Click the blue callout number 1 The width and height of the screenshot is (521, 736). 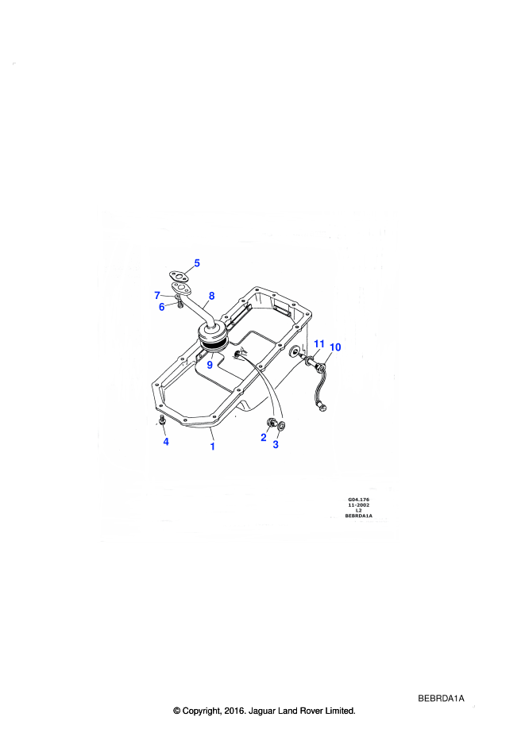click(213, 447)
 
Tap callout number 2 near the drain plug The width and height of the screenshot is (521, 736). click(264, 438)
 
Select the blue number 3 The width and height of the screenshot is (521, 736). click(276, 444)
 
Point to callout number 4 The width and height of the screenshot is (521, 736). click(166, 442)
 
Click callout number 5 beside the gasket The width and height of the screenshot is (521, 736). click(197, 263)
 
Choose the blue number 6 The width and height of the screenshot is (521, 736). click(162, 307)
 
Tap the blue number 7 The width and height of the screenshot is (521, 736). click(157, 295)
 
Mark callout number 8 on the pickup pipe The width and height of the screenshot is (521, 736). click(211, 296)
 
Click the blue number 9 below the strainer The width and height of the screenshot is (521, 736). click(210, 365)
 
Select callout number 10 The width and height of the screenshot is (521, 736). click(335, 347)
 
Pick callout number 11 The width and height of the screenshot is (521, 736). click(319, 344)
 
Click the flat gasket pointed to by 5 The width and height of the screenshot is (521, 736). click(178, 275)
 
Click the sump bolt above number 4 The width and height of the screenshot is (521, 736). click(162, 420)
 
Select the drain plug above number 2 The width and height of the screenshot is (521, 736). click(272, 423)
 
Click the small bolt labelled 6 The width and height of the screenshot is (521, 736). click(179, 305)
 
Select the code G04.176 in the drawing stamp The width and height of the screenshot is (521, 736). click(358, 500)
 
